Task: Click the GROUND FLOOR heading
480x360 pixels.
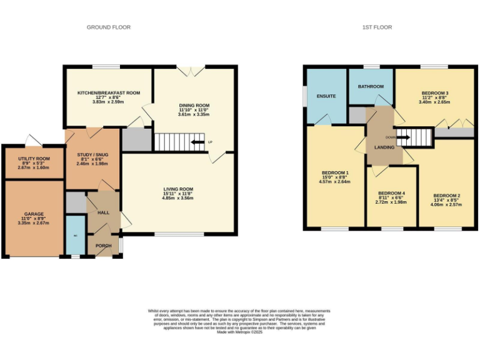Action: tap(108, 27)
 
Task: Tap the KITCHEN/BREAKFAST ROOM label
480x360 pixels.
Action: tap(108, 92)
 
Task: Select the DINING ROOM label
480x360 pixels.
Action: tap(194, 105)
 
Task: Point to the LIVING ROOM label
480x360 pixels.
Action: tap(178, 189)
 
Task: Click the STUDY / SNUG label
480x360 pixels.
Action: tap(92, 154)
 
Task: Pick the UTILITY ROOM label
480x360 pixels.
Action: tap(34, 160)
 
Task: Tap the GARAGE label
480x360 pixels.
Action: tap(34, 214)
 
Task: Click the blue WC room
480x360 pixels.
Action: tap(76, 236)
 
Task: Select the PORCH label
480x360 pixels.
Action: tap(104, 246)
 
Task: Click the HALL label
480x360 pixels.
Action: tap(104, 212)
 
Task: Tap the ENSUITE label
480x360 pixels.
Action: tap(326, 96)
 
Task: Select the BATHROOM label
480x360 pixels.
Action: tap(371, 86)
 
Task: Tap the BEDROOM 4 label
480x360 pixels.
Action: tap(391, 192)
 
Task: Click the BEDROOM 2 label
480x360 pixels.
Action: tap(446, 194)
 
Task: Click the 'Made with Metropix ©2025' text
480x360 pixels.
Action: tap(239, 332)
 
